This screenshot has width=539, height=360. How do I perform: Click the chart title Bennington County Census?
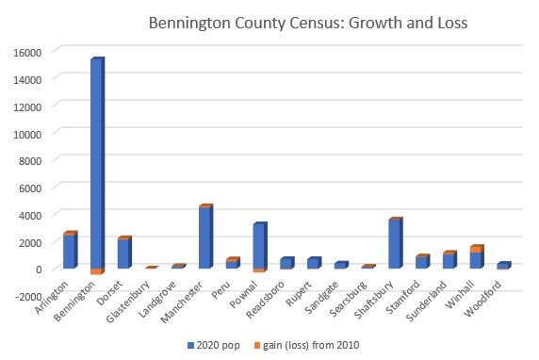[307, 21]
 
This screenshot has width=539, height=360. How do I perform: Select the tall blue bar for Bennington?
[96, 165]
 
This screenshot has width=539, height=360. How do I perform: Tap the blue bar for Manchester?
[205, 237]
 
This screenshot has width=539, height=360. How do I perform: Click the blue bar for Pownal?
[260, 246]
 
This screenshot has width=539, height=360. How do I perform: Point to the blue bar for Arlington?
[69, 252]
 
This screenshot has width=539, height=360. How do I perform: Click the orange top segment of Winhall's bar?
[477, 249]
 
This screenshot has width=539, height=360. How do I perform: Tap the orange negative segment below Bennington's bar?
[96, 271]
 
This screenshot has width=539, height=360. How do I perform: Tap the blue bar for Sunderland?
[449, 261]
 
